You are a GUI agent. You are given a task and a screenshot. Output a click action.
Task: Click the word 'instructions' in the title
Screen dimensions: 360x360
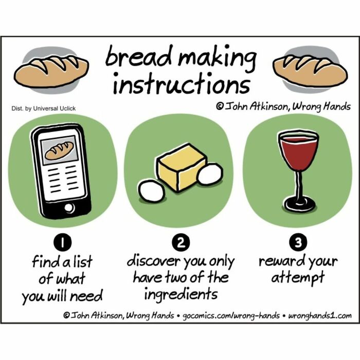(x=181, y=84)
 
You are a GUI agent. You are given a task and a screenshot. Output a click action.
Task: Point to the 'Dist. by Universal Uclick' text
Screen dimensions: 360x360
(x=43, y=109)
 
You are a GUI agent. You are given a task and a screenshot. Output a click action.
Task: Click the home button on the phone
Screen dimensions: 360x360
(x=68, y=207)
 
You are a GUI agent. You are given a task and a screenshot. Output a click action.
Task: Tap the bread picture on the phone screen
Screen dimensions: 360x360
(x=60, y=151)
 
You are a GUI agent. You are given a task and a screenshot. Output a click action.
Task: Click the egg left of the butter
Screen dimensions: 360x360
(x=152, y=191)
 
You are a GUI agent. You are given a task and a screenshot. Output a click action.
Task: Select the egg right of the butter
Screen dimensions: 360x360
(x=210, y=174)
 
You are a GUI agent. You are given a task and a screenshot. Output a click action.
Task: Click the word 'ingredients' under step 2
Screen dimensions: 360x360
(x=181, y=295)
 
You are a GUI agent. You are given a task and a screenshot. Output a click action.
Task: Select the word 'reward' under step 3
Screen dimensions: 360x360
(x=281, y=261)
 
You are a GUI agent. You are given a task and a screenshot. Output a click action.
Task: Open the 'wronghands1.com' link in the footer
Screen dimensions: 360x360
(x=320, y=315)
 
